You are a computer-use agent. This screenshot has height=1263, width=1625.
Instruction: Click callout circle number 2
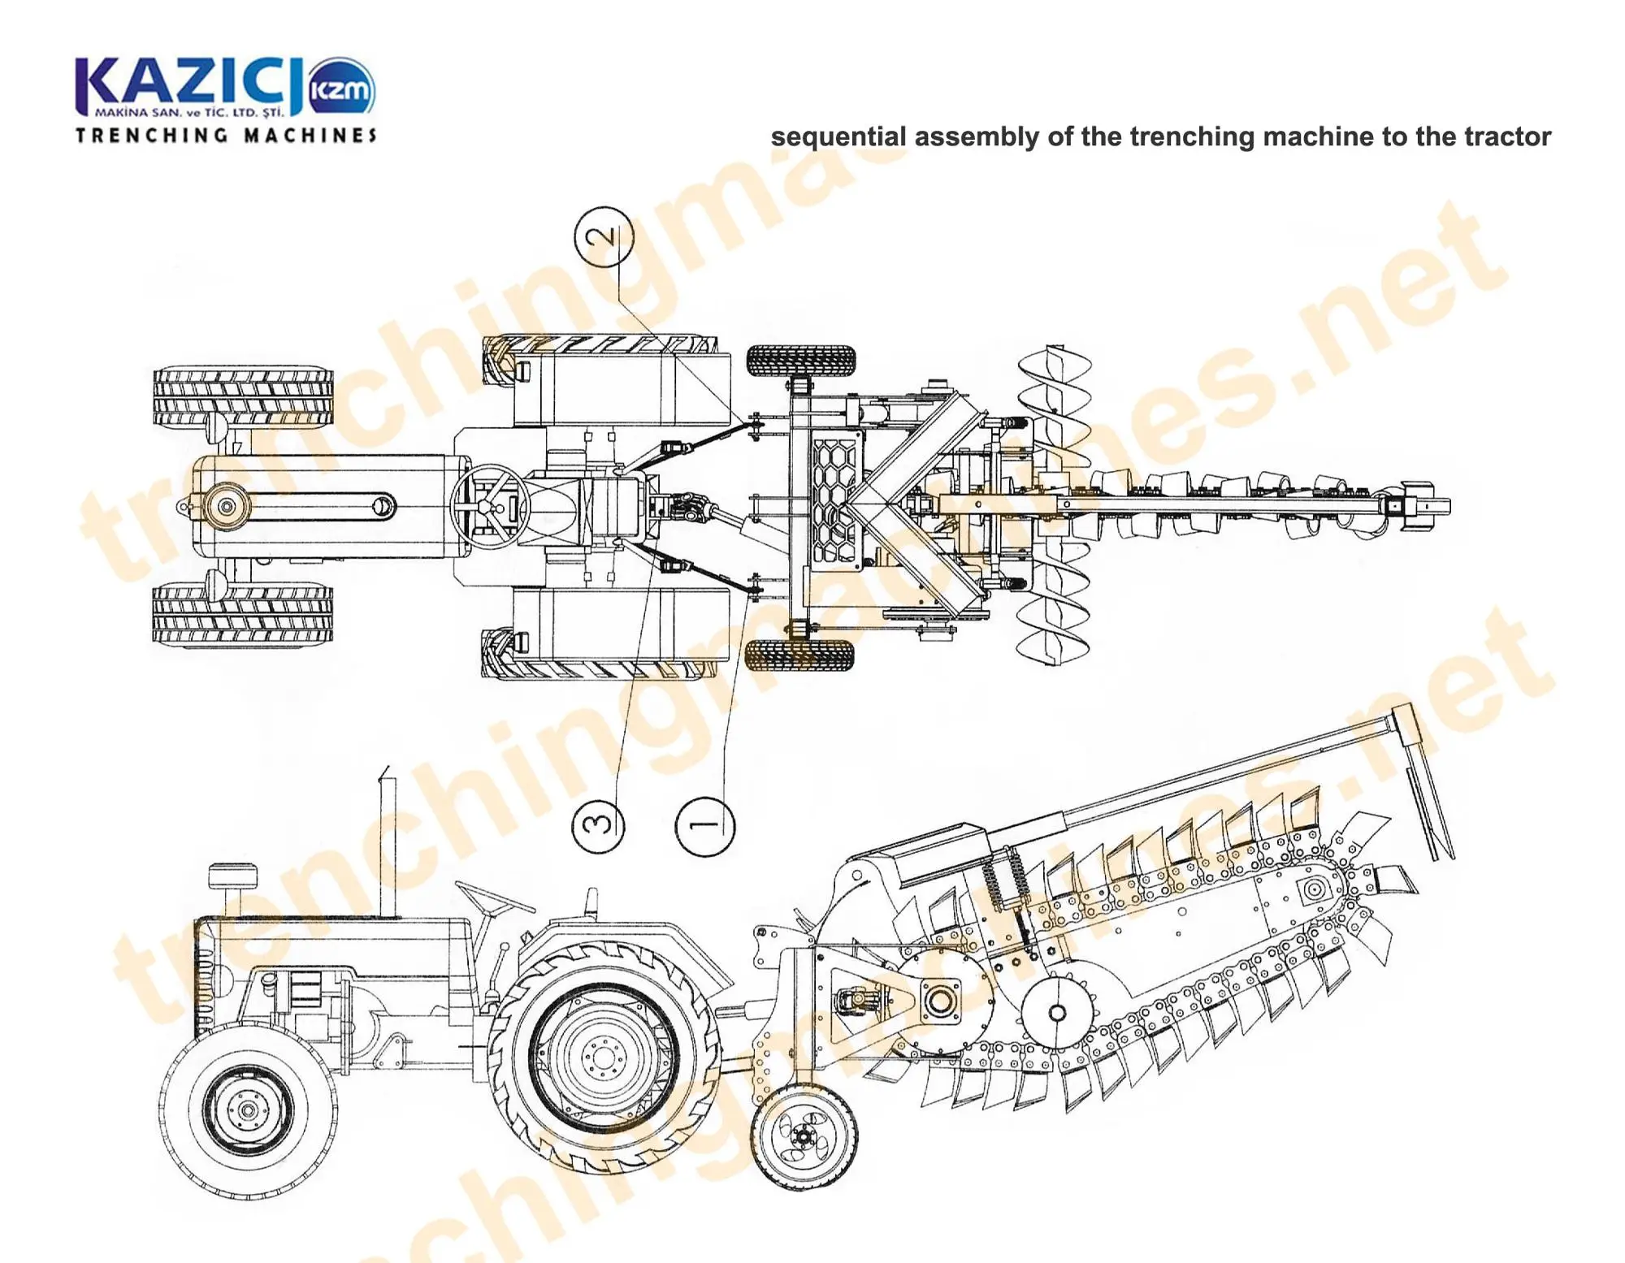(604, 236)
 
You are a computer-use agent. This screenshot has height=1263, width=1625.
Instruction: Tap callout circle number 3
(599, 824)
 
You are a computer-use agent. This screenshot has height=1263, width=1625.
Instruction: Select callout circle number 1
(704, 826)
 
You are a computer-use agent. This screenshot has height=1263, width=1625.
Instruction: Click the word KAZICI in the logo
(188, 84)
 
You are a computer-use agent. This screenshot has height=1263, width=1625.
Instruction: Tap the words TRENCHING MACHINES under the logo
(226, 135)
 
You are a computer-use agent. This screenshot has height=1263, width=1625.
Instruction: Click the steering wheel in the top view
(489, 507)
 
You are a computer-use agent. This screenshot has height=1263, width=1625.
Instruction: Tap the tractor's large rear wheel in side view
(604, 1056)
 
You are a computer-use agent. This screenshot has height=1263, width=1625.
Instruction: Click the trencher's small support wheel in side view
(804, 1137)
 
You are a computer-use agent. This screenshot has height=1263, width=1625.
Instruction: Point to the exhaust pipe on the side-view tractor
(388, 845)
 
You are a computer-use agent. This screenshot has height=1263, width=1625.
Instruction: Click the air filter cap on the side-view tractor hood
(233, 877)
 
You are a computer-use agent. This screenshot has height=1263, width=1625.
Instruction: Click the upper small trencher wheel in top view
(801, 360)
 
